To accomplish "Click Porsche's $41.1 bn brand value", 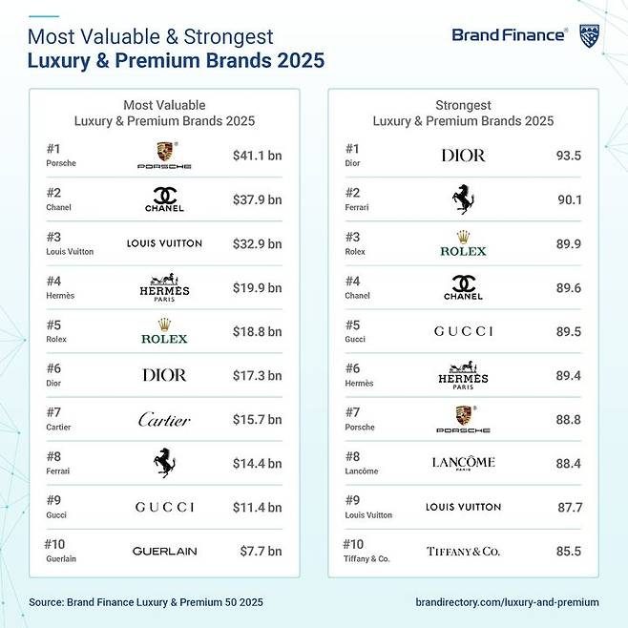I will pyautogui.click(x=257, y=155).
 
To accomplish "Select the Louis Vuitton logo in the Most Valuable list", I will pyautogui.click(x=164, y=243).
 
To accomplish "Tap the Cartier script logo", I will pyautogui.click(x=164, y=420).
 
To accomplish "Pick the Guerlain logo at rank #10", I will pyautogui.click(x=164, y=551).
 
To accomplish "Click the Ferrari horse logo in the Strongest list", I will pyautogui.click(x=463, y=199).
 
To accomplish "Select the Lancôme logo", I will pyautogui.click(x=463, y=463).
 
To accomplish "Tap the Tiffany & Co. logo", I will pyautogui.click(x=463, y=551).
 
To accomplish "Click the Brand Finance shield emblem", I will pyautogui.click(x=590, y=36).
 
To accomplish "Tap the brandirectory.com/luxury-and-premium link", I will pyautogui.click(x=508, y=602).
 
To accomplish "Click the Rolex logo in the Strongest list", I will pyautogui.click(x=463, y=243).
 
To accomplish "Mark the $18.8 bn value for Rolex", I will pyautogui.click(x=257, y=331).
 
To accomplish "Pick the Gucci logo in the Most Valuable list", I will pyautogui.click(x=164, y=507).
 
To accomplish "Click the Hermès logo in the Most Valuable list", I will pyautogui.click(x=164, y=287).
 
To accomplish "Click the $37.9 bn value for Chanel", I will pyautogui.click(x=257, y=199).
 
